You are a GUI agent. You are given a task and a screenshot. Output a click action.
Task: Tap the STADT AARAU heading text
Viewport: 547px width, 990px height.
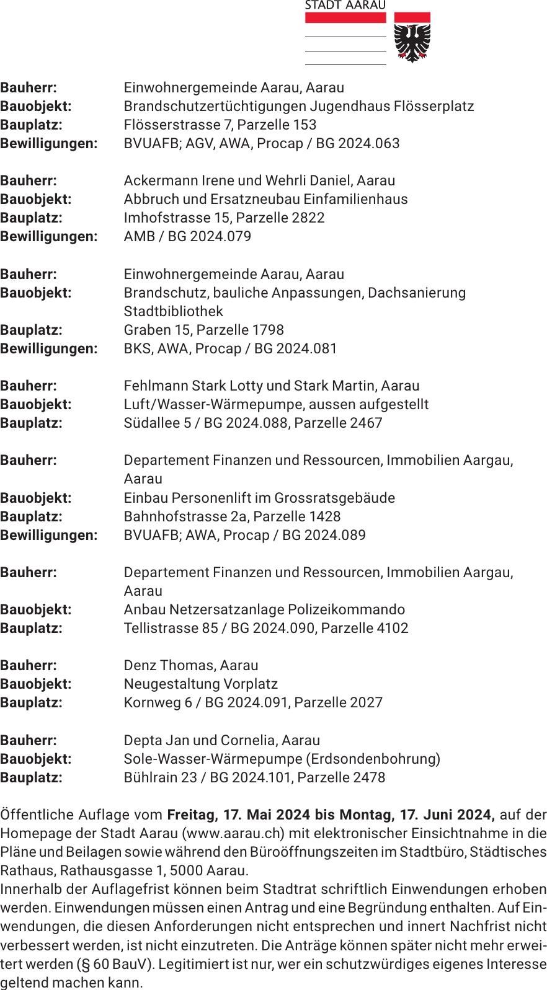point(345,6)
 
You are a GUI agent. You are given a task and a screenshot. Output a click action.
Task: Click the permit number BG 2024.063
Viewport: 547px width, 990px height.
point(358,143)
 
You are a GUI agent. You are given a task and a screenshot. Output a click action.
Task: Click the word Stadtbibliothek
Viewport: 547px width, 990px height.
point(173,311)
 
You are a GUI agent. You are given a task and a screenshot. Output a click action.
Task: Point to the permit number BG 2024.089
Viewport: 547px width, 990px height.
point(324,535)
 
